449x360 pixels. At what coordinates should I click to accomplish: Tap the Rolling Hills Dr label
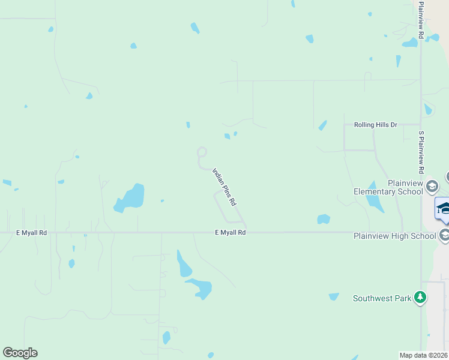point(376,125)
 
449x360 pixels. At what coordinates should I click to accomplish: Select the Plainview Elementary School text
point(388,187)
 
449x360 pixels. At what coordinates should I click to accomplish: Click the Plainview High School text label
point(394,236)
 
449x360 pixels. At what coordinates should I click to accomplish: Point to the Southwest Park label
point(382,298)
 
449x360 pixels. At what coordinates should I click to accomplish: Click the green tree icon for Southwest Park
point(421,297)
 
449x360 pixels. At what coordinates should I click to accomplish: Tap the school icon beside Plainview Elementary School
point(432,187)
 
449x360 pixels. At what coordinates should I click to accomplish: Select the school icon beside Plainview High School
point(444,235)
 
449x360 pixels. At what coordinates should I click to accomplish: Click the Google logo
point(20,353)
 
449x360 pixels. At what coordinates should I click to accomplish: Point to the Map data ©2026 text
point(424,355)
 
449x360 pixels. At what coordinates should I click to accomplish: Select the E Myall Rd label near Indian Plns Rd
point(231,232)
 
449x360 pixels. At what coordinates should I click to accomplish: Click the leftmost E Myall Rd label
point(31,232)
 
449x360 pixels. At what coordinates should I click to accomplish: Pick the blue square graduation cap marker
point(443,208)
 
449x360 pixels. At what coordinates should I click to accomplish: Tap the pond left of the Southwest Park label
point(334,296)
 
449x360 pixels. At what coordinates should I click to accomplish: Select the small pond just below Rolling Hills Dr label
point(323,125)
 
